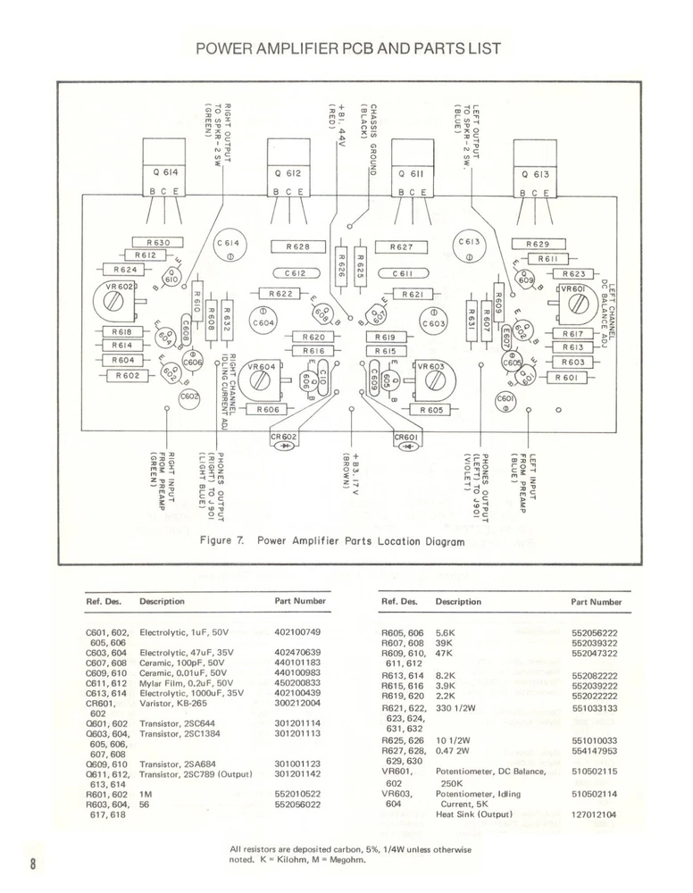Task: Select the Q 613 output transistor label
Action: [538, 175]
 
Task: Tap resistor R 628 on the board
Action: [298, 246]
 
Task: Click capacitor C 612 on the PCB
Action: [296, 273]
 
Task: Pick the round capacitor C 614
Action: [229, 247]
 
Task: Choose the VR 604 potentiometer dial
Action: [261, 379]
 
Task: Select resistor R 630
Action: [157, 242]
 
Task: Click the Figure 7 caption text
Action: [331, 541]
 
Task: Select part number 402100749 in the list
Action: [297, 632]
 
